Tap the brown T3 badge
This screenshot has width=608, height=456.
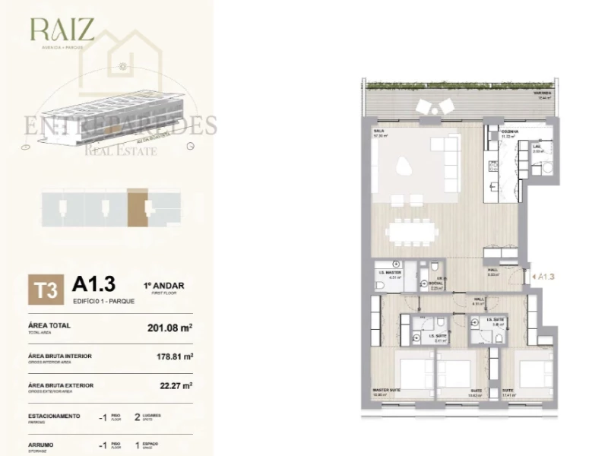coord(43,290)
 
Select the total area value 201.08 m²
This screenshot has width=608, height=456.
coord(169,329)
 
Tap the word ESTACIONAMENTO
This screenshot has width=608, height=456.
coord(54,416)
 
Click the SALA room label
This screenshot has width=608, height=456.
coord(378,131)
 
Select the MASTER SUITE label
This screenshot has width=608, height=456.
coord(386,390)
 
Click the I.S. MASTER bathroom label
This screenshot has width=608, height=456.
coord(389,271)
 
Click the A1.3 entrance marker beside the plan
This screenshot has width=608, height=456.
coord(544,277)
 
